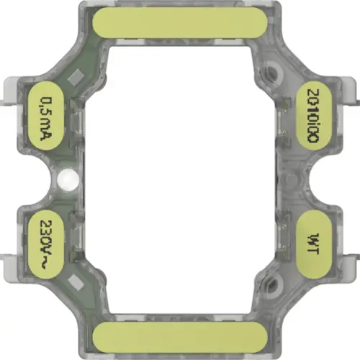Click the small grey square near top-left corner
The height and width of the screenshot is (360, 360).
tap(74, 74)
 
